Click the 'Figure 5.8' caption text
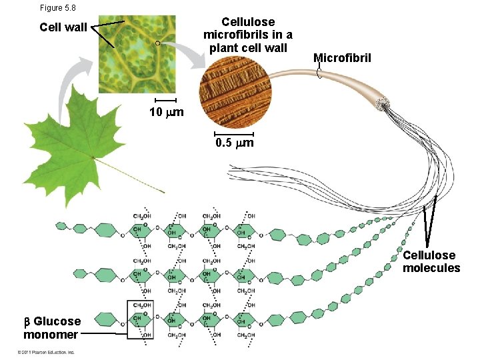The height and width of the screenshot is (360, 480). (x=59, y=7)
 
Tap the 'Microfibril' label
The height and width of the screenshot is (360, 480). (x=342, y=58)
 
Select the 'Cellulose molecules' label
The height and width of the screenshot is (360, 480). (x=431, y=261)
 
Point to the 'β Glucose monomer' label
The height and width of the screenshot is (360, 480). (x=52, y=327)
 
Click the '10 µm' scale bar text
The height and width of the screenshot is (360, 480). (x=166, y=112)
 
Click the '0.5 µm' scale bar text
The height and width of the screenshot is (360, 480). (x=233, y=143)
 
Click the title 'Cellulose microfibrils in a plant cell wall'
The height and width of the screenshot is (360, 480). (x=247, y=35)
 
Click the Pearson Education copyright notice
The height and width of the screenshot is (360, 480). (x=41, y=352)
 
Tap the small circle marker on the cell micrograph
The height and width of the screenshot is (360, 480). (x=157, y=43)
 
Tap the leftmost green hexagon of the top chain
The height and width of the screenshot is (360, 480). (x=62, y=226)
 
